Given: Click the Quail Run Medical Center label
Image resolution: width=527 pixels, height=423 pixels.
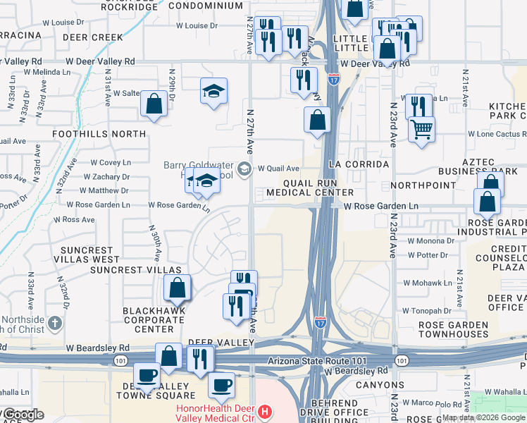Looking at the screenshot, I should [310, 187].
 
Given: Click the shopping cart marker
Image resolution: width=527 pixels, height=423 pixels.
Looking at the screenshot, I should [421, 128].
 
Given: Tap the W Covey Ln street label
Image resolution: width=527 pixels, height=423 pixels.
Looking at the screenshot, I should [108, 162].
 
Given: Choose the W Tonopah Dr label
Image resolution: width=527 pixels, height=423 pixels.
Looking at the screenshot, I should [426, 310].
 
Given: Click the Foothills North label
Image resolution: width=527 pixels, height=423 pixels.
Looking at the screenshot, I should [99, 133].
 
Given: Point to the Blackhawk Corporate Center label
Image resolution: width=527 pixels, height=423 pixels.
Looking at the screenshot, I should [154, 319].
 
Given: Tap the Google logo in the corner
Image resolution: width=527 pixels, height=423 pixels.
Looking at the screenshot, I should [23, 415].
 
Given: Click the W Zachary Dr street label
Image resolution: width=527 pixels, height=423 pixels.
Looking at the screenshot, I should [106, 176].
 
